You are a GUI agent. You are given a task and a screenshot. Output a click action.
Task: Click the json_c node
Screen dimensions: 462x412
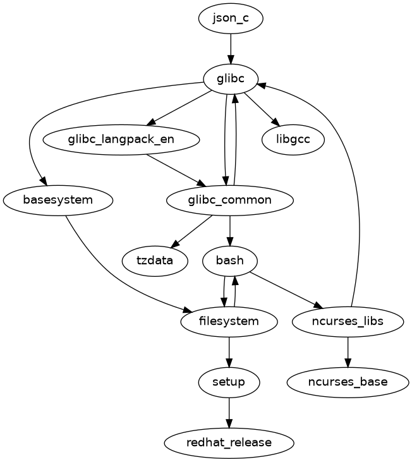(x=231, y=19)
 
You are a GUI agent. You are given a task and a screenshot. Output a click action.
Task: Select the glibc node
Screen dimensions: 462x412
(x=231, y=78)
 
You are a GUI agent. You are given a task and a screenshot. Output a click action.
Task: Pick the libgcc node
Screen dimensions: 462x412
(x=293, y=139)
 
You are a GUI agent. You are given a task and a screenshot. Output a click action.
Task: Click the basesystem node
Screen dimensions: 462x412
(x=58, y=200)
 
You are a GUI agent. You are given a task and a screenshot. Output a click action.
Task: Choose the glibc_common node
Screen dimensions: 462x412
(x=229, y=200)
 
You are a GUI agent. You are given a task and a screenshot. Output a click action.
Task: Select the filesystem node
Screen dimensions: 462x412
(x=229, y=321)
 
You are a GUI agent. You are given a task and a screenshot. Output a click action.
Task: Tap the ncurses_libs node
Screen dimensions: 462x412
(x=348, y=321)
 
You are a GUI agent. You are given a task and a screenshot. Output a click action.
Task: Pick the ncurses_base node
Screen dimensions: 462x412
(x=348, y=382)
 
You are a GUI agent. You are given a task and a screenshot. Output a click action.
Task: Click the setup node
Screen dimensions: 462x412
(x=229, y=382)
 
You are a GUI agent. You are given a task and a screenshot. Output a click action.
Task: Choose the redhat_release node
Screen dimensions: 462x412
(x=229, y=442)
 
